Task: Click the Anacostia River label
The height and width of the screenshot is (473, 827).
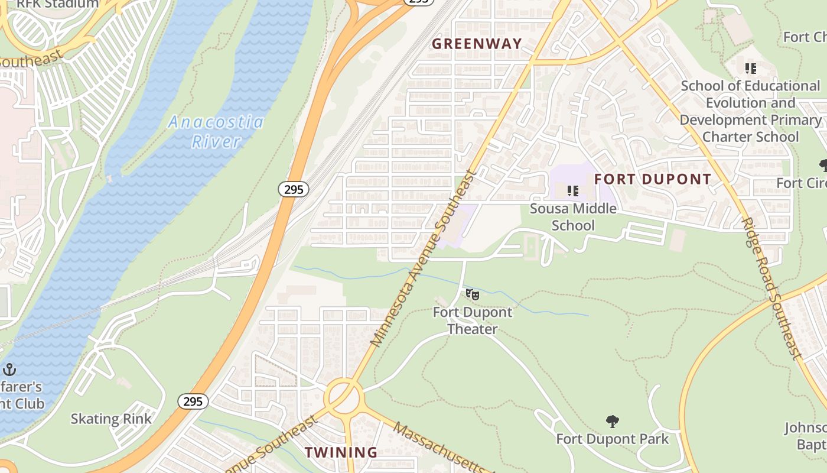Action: coord(216,132)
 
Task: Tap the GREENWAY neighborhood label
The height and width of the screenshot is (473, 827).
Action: coord(477,44)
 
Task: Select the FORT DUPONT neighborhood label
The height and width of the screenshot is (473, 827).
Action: coord(653,179)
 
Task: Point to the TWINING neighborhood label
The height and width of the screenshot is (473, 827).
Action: coord(341,452)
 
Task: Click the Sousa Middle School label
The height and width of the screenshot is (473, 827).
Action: coord(573,216)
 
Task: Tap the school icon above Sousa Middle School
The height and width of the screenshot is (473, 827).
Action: coord(572,191)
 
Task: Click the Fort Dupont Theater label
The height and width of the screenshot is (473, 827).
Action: coord(473,320)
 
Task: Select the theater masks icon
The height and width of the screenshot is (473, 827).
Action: coord(472,294)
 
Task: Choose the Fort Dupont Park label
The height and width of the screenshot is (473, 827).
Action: coord(613,439)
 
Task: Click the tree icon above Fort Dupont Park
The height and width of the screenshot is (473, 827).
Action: coord(613,422)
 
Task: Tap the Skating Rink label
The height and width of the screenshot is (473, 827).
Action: coord(111,419)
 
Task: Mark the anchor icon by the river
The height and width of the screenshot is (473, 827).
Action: coord(9,370)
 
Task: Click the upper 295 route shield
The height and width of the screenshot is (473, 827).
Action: coord(293,189)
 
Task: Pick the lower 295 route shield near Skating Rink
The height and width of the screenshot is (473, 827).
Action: coord(193,401)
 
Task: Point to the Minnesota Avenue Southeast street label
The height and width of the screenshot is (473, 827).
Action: coord(423,258)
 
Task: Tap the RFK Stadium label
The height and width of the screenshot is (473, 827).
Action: coord(57,4)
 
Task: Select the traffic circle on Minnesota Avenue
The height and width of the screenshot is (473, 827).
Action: coord(344,394)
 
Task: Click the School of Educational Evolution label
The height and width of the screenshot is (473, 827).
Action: coord(750,111)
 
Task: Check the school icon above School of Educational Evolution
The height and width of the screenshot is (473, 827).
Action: coord(750,69)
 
